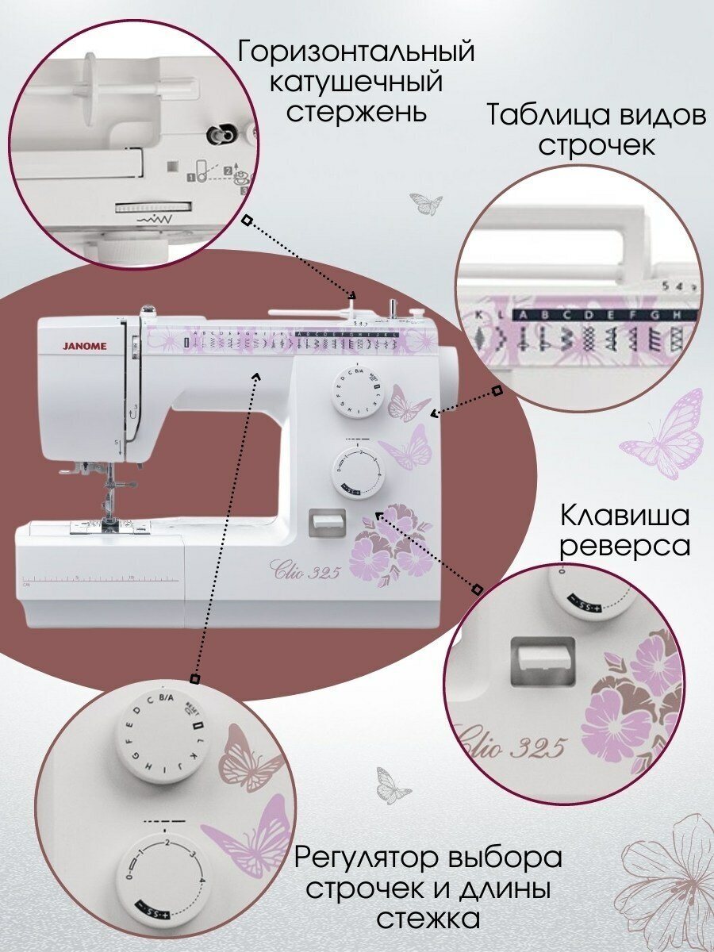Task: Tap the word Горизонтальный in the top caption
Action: [x=356, y=53]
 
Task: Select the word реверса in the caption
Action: [x=624, y=546]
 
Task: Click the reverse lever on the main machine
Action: [x=326, y=521]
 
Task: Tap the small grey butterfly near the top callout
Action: [x=427, y=204]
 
